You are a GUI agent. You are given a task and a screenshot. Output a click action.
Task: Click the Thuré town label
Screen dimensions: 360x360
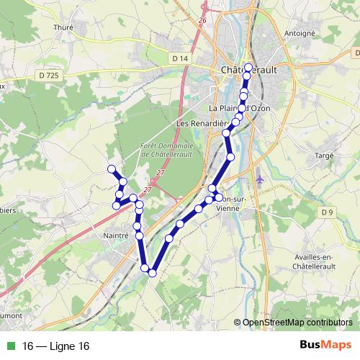[63, 27]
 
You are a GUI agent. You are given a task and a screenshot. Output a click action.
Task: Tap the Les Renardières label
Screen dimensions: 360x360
[199, 123]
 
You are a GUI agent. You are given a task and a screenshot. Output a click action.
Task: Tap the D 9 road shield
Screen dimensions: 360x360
[328, 211]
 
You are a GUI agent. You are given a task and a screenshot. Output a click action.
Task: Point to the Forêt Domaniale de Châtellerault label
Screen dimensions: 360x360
[165, 150]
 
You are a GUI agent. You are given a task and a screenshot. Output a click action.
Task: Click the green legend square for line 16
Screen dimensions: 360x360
[11, 346]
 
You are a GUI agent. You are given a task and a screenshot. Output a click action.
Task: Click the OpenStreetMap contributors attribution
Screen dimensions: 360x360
[297, 323]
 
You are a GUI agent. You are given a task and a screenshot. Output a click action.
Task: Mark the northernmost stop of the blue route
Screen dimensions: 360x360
[249, 68]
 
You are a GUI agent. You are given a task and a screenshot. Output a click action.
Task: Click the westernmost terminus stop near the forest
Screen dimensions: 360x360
[112, 169]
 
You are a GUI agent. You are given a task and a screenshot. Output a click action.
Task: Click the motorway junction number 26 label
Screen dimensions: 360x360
[202, 20]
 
